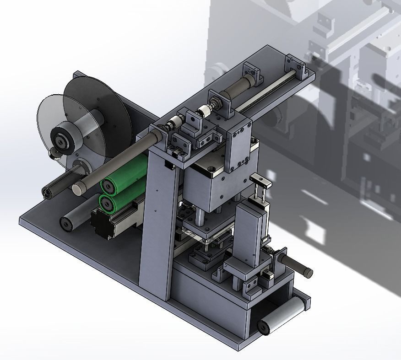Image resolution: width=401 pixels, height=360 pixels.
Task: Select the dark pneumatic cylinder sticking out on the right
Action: click(x=295, y=264)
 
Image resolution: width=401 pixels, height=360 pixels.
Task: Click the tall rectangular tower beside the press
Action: click(x=249, y=233)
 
